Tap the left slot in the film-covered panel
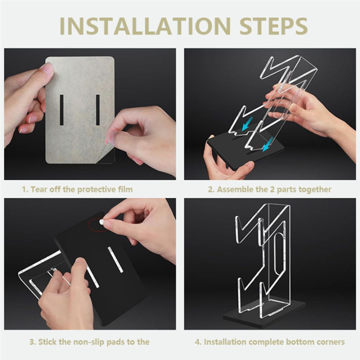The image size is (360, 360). click(x=61, y=109)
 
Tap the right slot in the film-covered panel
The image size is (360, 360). click(x=98, y=109)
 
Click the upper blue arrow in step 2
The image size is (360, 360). click(x=247, y=123)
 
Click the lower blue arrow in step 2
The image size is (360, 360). click(x=267, y=143)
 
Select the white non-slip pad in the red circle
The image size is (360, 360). click(x=101, y=222)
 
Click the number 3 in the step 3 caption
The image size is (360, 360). click(x=31, y=342)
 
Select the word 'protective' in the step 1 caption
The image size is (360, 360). click(x=96, y=189)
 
